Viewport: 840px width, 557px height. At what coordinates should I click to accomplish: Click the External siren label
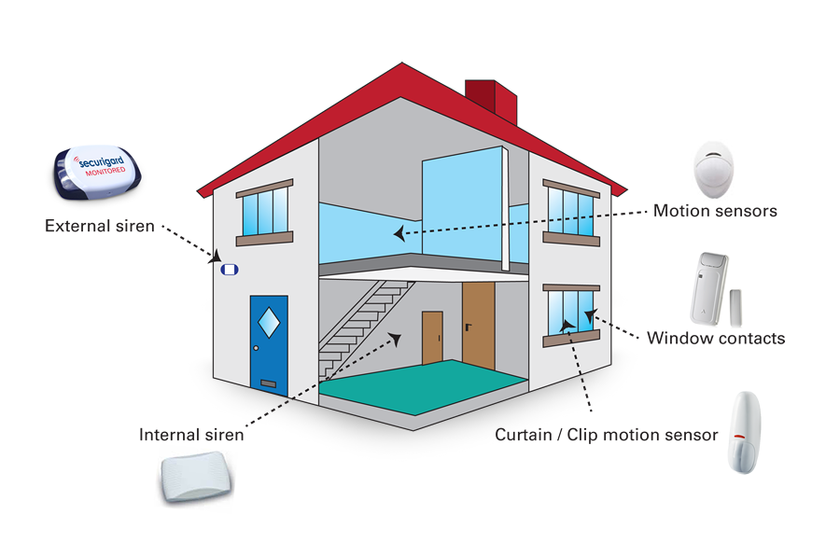point(99,226)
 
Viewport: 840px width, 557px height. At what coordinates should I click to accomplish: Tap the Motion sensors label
point(715,211)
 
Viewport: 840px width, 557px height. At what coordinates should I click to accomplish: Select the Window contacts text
point(716,338)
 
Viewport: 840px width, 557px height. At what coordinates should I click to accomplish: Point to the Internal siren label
point(191,435)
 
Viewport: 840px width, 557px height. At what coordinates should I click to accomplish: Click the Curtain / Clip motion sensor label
point(607,435)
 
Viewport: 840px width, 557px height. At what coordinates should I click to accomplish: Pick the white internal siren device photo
point(196,479)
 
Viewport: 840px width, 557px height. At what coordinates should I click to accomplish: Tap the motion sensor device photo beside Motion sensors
point(716,168)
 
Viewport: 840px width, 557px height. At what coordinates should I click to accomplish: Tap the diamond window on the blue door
point(269,322)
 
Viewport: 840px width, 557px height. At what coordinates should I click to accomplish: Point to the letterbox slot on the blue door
point(269,383)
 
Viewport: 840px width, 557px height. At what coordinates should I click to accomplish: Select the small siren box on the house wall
point(230,271)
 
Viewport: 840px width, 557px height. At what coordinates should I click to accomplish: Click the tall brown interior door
point(478,325)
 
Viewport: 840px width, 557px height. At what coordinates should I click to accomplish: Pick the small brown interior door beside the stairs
point(432,338)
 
